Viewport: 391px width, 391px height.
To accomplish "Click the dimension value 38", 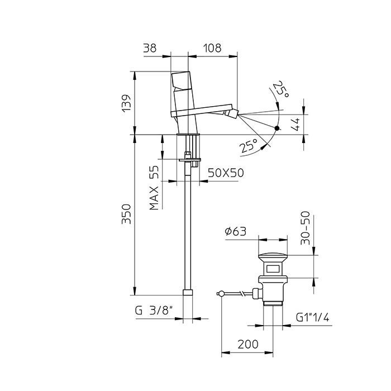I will pyautogui.click(x=150, y=49).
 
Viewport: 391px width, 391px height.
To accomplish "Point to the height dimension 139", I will pyautogui.click(x=127, y=103).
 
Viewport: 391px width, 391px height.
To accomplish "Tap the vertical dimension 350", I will pyautogui.click(x=127, y=214).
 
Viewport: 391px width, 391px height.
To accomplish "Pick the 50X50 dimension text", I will pyautogui.click(x=226, y=173).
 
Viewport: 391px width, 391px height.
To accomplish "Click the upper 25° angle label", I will pyautogui.click(x=280, y=90).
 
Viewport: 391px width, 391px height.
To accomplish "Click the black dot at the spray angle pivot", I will pyautogui.click(x=278, y=128).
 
